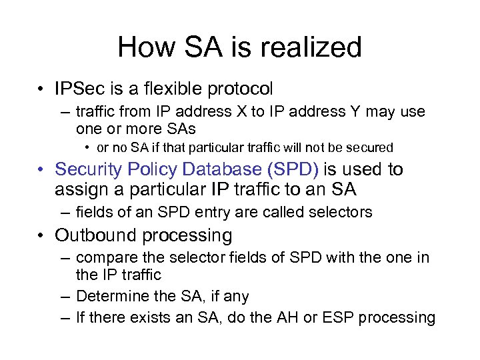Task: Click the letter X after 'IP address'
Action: point(241,111)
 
